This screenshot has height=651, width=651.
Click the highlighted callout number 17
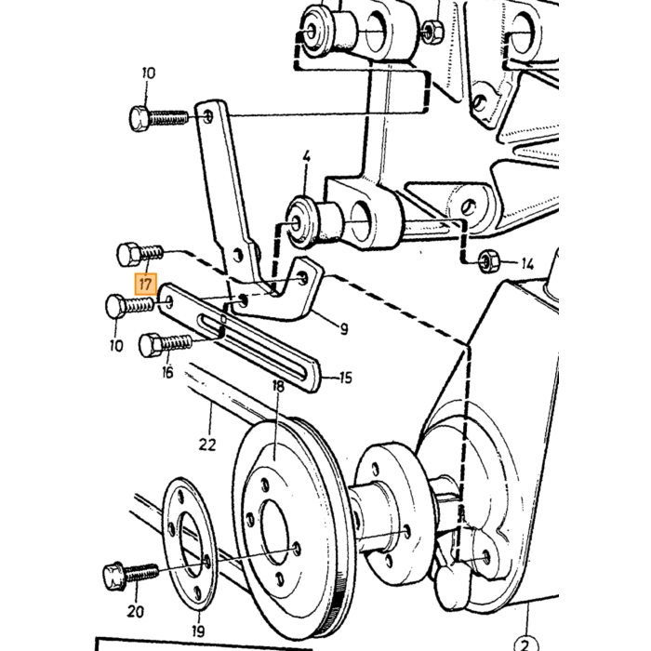coord(146,285)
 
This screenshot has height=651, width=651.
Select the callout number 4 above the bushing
coord(306,157)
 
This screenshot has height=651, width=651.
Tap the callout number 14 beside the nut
coord(527,263)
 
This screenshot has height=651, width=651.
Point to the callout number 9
coord(344,329)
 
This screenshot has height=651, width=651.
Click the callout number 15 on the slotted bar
coord(345,378)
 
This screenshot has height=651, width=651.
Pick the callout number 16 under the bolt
coord(167,372)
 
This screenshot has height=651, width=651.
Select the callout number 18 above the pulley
coord(278,387)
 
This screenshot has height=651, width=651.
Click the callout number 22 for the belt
coord(207,445)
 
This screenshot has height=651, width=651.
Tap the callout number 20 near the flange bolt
coord(136,611)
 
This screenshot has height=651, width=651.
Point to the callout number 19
coord(198,631)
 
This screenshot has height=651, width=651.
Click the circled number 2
coord(525,645)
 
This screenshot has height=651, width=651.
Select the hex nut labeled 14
coord(485,262)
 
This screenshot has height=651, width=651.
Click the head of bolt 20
coord(113,577)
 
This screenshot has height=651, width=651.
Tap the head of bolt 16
coord(150,345)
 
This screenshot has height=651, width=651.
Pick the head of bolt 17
coord(128,254)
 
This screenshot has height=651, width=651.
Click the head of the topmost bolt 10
coord(139,119)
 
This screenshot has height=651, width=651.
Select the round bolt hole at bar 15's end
coord(169,302)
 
